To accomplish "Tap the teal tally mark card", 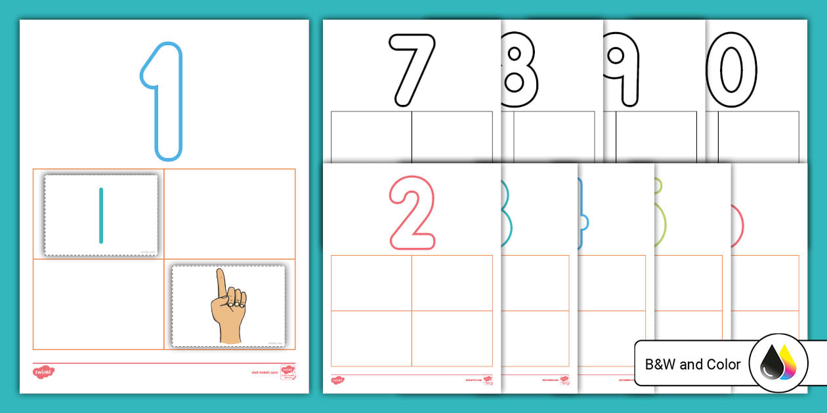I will coord(101,215).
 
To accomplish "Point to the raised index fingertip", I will coord(222,273).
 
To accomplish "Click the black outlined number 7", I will coord(412,69).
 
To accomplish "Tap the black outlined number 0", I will coord(731,69).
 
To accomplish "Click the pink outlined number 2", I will coord(413,212).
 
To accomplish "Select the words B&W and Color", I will coord(692,364).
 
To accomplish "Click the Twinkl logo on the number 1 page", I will coord(44,372).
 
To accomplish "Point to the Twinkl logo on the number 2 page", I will coord(337,380).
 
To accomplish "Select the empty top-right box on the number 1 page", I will coord(230,214).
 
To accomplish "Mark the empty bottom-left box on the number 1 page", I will coord(98,304).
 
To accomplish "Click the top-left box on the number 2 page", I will coord(371,283).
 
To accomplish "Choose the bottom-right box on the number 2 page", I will coord(452,338).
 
